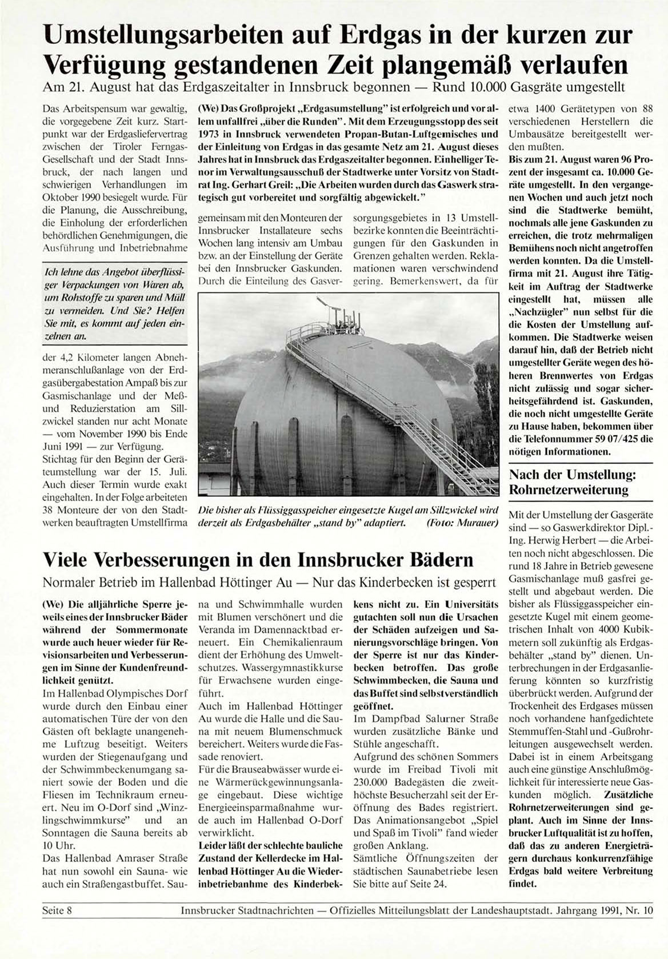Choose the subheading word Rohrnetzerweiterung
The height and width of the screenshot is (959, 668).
coord(569,490)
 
